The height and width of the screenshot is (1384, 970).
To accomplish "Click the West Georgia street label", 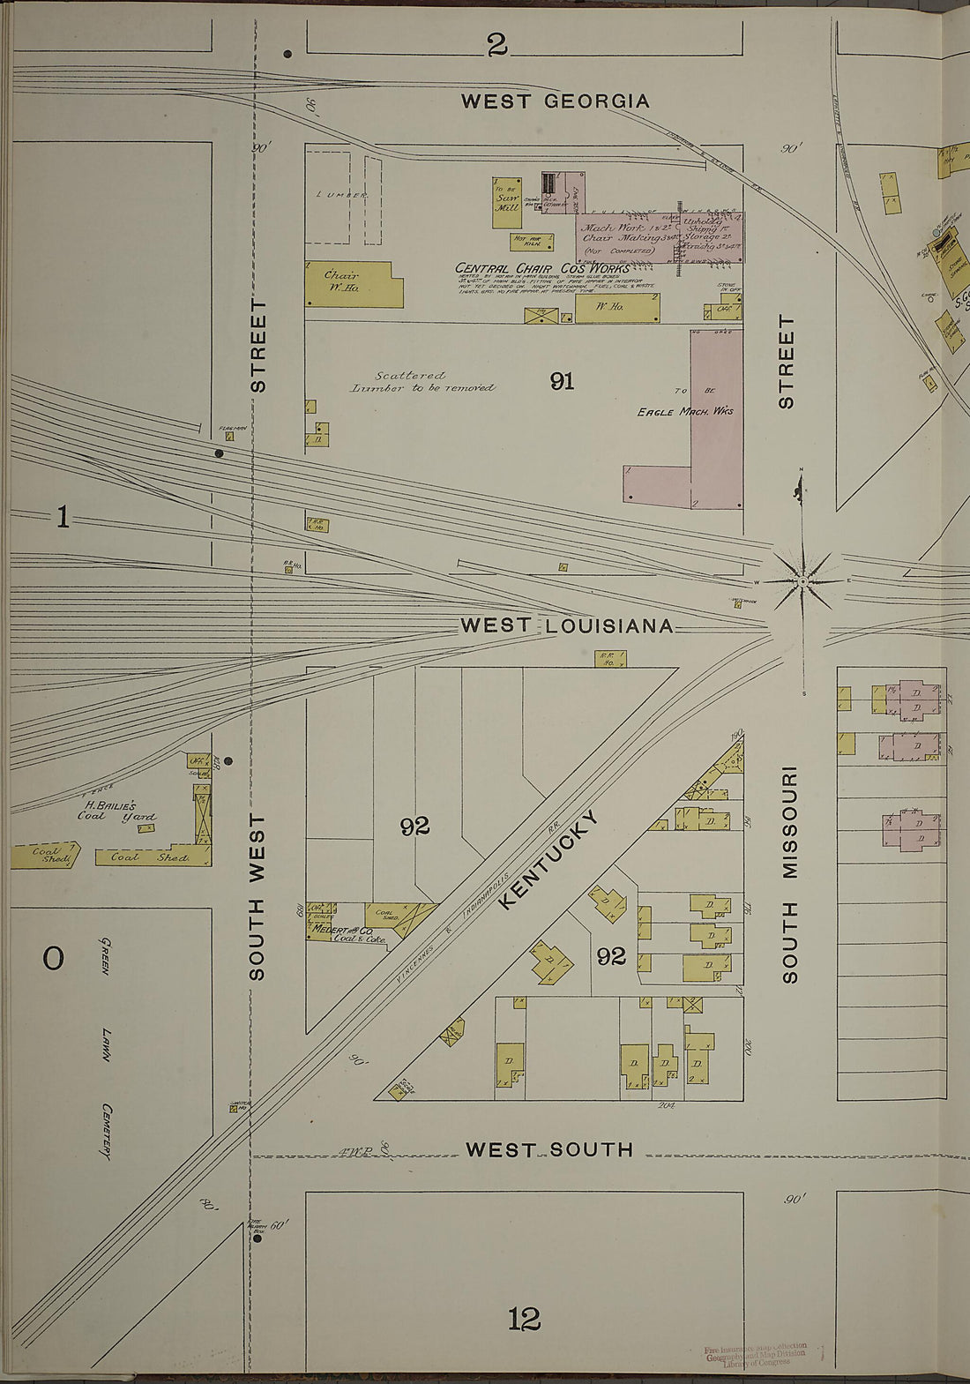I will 555,101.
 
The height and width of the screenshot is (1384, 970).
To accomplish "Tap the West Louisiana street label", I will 567,626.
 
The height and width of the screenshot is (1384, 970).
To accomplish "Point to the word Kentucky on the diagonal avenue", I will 548,858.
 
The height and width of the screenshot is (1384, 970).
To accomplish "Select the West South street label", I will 548,1149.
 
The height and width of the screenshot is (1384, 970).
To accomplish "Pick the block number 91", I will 562,381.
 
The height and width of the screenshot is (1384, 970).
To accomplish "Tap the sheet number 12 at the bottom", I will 524,1320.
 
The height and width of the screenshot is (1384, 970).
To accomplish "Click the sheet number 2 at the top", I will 497,45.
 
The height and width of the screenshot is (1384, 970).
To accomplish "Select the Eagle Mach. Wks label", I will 685,411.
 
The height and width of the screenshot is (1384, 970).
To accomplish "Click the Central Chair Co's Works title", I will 541,268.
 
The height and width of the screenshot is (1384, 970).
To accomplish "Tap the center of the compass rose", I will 802,583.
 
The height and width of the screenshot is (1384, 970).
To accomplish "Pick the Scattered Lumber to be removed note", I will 422,381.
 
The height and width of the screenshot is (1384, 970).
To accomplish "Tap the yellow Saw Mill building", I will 506,203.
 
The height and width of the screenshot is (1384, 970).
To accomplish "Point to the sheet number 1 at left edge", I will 62,517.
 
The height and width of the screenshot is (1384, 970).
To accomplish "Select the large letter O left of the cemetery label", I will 53,957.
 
